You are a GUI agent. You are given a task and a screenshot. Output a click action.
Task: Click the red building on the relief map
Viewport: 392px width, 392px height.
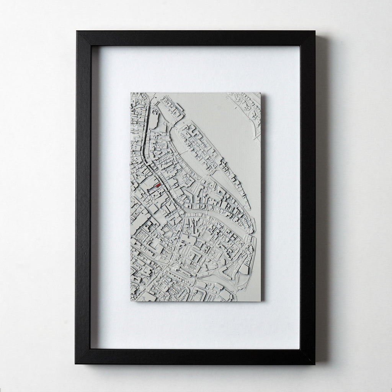(x=157, y=185)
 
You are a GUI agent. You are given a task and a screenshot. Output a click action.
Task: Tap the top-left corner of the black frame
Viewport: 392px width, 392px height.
(x=77, y=32)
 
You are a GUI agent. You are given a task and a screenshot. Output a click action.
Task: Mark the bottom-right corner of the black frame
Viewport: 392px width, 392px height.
(x=315, y=364)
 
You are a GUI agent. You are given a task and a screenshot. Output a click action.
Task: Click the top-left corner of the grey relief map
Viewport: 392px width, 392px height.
(x=131, y=93)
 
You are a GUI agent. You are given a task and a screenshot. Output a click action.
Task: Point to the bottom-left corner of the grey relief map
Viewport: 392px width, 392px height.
(x=131, y=301)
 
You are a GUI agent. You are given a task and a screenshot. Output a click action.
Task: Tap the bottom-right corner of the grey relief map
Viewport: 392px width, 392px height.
(x=260, y=301)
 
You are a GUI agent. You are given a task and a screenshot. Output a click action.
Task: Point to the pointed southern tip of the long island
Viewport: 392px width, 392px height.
(x=250, y=209)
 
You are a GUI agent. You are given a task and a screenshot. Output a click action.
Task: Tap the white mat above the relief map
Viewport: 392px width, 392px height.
(x=195, y=69)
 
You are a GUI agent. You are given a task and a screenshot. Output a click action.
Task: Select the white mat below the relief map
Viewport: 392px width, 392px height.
(x=195, y=325)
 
